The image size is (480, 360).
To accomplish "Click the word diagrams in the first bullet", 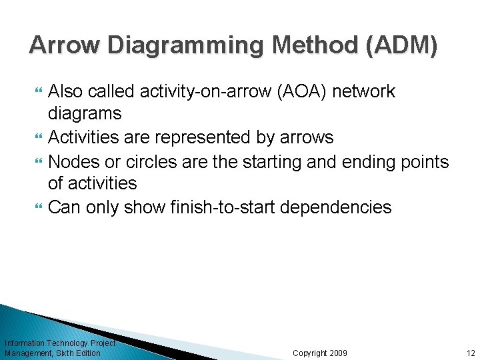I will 85,114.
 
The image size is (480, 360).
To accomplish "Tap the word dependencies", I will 336,207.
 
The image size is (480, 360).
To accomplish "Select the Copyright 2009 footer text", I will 320,353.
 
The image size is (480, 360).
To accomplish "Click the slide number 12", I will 471,353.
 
